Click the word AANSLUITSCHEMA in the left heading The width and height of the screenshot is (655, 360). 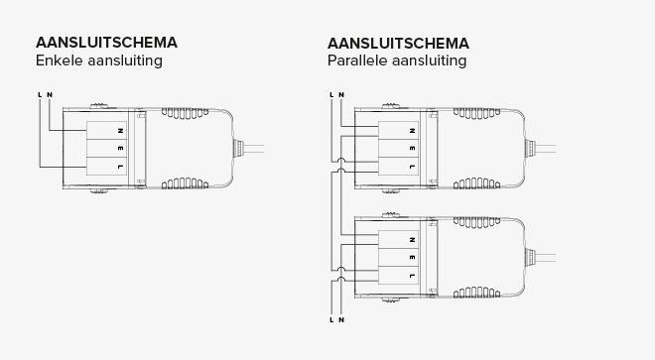tap(106, 43)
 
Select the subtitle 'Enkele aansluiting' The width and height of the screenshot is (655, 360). tap(98, 61)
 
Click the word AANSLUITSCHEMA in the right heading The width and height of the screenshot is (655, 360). tap(398, 43)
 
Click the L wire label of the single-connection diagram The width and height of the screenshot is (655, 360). tap(40, 95)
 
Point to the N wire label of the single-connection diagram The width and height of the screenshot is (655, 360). tap(50, 95)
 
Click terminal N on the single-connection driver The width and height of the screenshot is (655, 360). tap(119, 130)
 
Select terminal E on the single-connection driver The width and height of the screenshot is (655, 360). tap(119, 148)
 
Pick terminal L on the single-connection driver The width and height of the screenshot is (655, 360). tap(119, 167)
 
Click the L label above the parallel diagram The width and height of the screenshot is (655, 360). tap(331, 95)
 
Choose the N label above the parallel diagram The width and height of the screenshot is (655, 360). tap(341, 95)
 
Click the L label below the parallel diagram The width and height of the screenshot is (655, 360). tap(331, 320)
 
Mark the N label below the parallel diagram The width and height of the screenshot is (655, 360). tap(341, 320)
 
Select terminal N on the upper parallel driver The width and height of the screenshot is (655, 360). tap(411, 130)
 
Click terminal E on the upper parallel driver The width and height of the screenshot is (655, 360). tap(411, 148)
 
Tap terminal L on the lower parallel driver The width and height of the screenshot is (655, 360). tap(411, 276)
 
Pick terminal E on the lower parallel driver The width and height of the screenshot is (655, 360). tap(411, 257)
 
